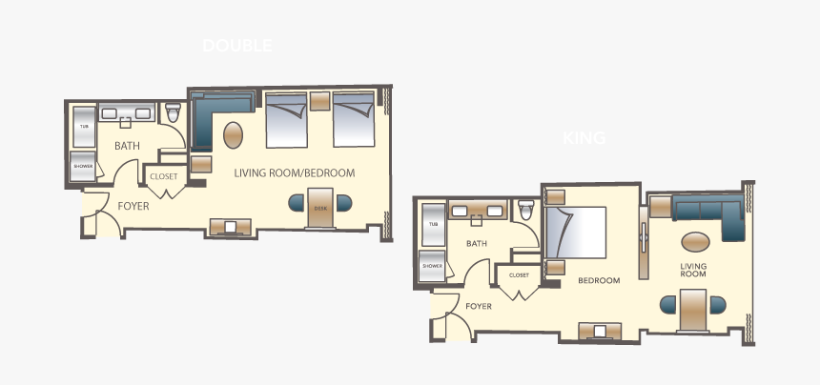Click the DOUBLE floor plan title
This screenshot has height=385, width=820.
[237, 45]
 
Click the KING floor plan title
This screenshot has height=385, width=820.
[584, 138]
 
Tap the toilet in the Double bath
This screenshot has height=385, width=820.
[174, 114]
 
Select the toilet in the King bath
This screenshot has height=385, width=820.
[526, 211]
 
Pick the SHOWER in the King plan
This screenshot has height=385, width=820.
[432, 266]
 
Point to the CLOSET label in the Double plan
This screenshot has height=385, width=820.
[164, 176]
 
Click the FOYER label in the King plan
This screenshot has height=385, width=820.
[479, 306]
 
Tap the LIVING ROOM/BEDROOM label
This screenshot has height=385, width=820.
[295, 173]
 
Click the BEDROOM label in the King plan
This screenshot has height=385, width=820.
[599, 280]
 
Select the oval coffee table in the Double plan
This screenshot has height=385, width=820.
[233, 133]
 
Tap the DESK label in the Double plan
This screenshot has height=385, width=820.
[319, 205]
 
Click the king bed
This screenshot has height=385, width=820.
[576, 233]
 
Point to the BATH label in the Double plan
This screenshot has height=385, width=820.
[127, 146]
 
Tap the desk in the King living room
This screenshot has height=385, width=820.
[692, 307]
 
